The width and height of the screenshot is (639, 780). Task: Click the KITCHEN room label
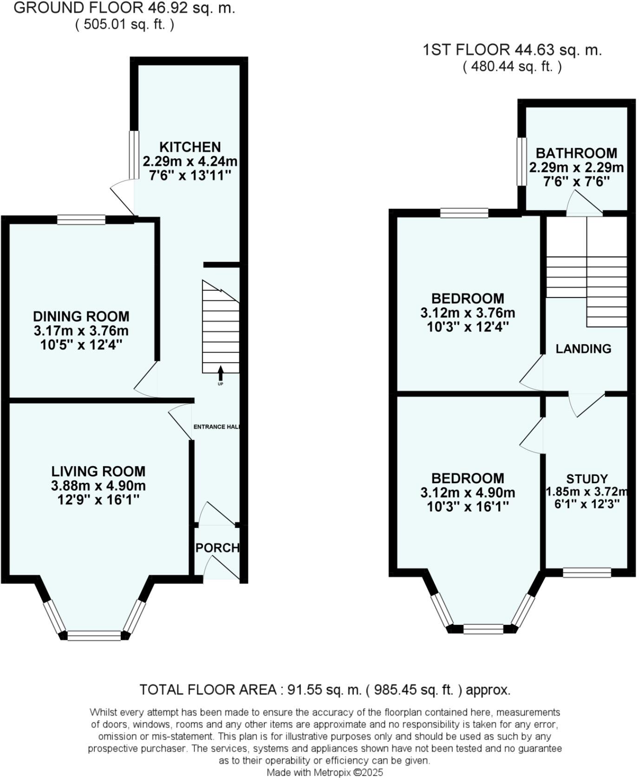[190, 147]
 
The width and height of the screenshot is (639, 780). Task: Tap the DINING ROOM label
[81, 317]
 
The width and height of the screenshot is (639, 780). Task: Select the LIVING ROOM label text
[98, 471]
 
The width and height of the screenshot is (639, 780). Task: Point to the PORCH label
[217, 548]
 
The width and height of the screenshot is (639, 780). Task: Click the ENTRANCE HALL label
[216, 427]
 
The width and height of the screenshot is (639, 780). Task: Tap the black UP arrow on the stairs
[220, 373]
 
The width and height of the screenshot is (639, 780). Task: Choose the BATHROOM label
[576, 153]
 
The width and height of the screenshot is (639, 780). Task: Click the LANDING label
[583, 349]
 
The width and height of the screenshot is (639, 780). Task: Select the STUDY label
[587, 479]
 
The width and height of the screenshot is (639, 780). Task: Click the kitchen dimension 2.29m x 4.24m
[190, 162]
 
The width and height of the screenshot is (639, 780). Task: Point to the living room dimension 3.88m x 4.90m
[98, 486]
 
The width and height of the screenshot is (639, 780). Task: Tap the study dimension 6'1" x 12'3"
[587, 504]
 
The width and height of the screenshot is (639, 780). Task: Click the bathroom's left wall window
[522, 162]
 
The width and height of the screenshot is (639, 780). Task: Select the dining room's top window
[81, 220]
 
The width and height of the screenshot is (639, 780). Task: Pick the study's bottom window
[587, 573]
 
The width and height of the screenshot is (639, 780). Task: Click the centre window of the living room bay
[94, 636]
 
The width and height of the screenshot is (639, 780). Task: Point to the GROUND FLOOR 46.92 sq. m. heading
[124, 8]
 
